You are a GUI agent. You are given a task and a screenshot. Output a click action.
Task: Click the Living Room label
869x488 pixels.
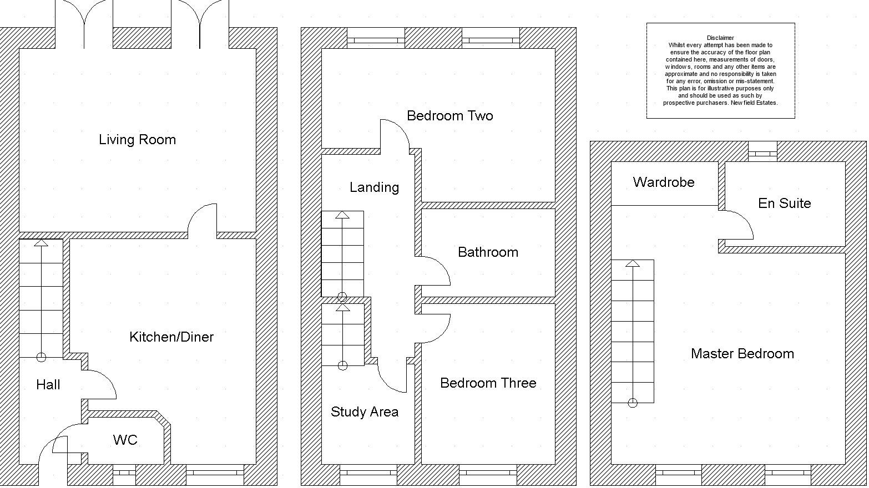137,140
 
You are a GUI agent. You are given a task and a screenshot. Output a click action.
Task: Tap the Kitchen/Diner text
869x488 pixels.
171,337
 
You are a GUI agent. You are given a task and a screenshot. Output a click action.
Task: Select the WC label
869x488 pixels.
125,440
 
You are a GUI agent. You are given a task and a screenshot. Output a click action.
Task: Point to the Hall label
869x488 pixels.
48,384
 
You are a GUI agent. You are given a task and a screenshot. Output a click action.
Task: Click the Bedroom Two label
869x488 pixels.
450,115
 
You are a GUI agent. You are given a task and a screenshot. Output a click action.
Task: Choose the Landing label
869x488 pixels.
375,187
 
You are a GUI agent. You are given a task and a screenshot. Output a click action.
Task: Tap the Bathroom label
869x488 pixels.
488,252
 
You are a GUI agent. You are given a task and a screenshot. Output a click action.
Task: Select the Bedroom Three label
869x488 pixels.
488,383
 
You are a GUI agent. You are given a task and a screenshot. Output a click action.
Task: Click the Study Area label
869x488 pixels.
365,411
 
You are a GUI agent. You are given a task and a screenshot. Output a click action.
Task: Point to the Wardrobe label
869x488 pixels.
664,182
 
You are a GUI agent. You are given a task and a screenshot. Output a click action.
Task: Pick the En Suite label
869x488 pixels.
785,203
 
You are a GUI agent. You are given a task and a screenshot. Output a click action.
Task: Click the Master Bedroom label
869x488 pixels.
742,353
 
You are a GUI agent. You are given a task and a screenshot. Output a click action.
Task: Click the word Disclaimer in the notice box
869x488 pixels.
720,38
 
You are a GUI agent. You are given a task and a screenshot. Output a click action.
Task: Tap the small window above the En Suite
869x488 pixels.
762,154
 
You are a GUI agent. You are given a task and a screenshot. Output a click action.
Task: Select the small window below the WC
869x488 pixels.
124,472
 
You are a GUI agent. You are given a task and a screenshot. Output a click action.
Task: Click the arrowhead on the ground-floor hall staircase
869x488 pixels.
41,243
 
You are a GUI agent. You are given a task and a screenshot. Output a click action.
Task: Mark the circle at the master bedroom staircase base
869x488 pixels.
633,403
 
